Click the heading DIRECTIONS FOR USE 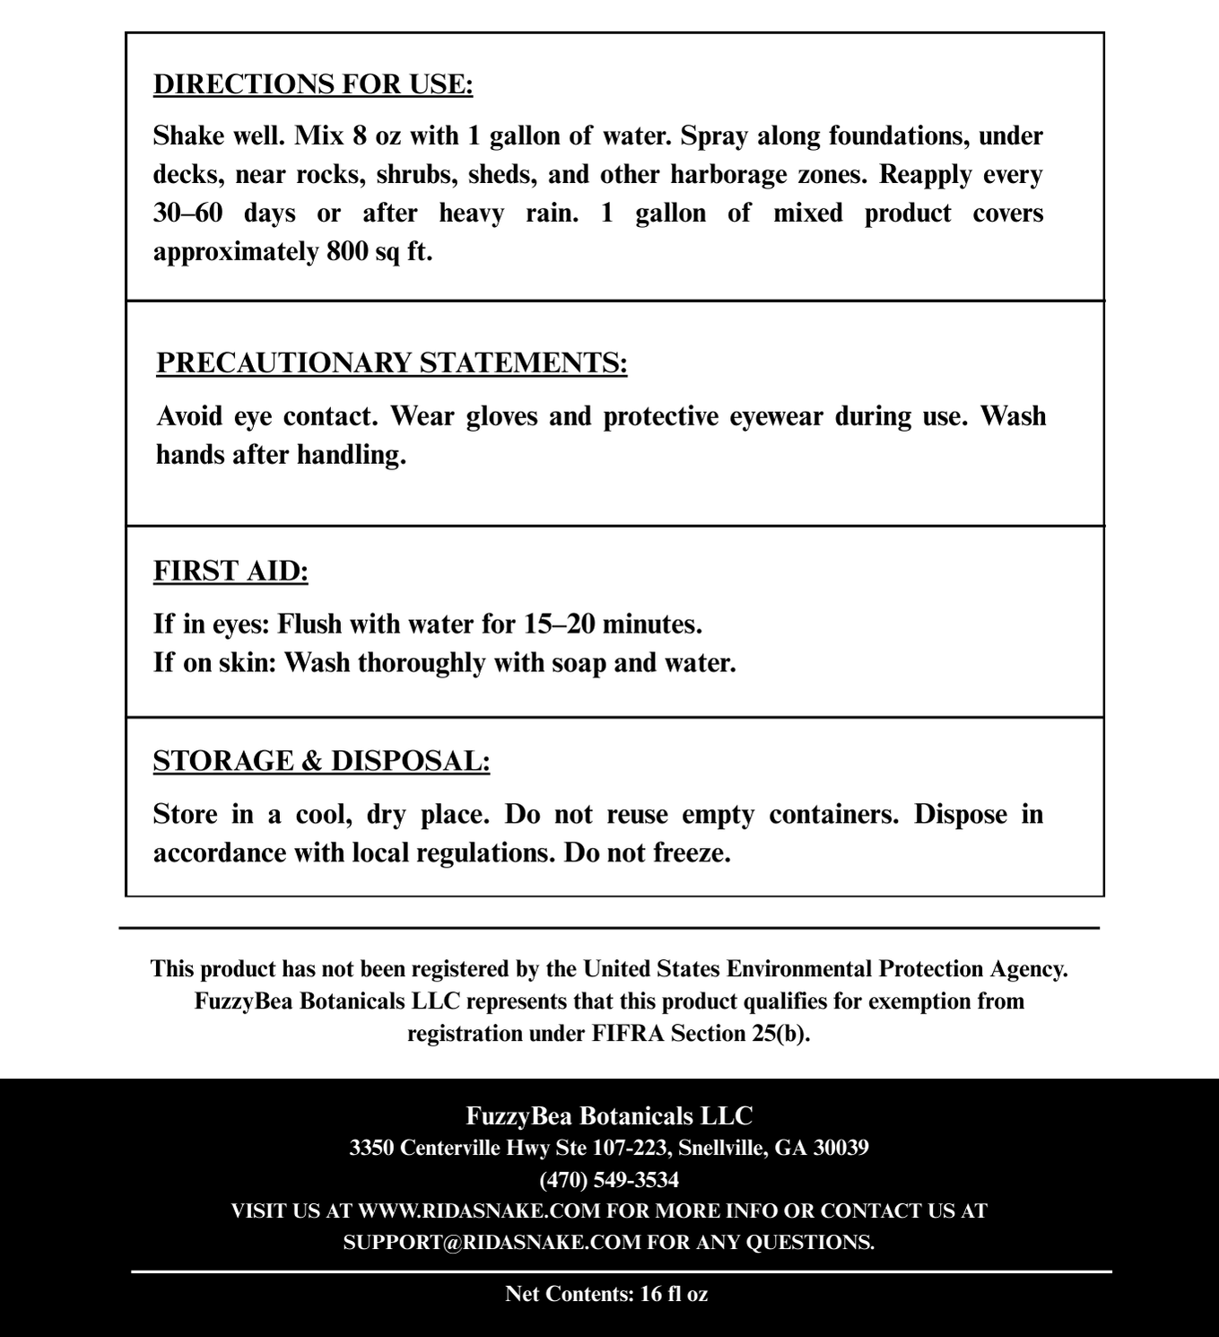313,84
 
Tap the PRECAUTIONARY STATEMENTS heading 392,363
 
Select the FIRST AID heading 231,572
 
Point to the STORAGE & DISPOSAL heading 321,761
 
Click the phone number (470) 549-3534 609,1179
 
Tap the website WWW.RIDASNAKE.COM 479,1210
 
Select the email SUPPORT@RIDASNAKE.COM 492,1242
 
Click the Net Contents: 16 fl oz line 607,1294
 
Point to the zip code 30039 840,1148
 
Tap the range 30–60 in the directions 187,214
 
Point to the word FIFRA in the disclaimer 628,1034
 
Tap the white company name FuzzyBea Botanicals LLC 609,1116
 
